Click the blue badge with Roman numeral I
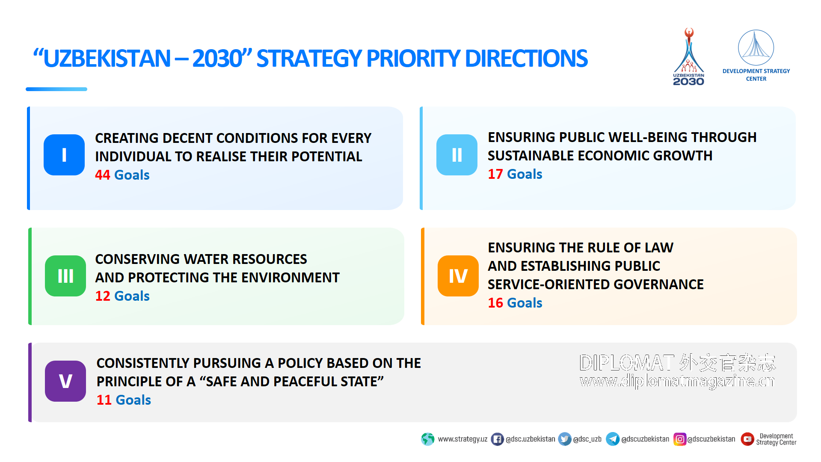point(64,155)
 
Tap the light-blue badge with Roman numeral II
point(457,155)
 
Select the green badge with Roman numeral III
point(65,276)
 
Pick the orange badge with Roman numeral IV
point(458,276)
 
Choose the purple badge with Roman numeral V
point(65,381)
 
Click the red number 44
point(103,175)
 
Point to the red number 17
point(495,174)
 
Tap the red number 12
point(103,296)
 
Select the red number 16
point(495,303)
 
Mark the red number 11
point(104,400)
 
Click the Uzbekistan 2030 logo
point(689,57)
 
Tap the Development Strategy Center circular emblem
point(756,47)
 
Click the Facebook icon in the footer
point(497,439)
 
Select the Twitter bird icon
point(565,439)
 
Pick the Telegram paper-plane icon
point(613,439)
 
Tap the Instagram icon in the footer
point(680,439)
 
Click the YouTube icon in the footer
point(747,439)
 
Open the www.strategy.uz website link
point(462,439)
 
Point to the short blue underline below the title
point(56,89)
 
